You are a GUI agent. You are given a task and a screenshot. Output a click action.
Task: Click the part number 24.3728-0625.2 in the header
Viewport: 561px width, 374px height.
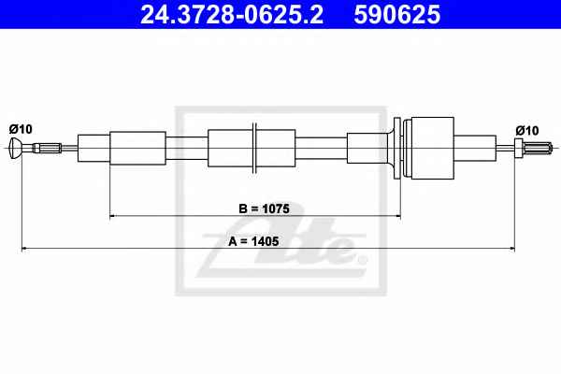pyautogui.click(x=232, y=15)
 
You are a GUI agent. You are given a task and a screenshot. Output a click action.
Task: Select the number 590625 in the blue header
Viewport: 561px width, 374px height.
pyautogui.click(x=397, y=15)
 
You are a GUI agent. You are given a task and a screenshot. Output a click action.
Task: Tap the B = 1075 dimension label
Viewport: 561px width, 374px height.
pyautogui.click(x=264, y=209)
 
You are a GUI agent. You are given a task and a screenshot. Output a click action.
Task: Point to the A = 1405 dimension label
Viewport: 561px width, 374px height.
pyautogui.click(x=253, y=241)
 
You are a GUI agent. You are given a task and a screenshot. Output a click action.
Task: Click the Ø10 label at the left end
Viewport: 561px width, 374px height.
pyautogui.click(x=21, y=129)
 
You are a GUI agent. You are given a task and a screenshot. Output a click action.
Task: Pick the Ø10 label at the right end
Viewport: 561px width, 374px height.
pyautogui.click(x=527, y=131)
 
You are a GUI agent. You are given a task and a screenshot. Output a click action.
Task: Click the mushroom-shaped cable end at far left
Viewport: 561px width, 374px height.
pyautogui.click(x=15, y=148)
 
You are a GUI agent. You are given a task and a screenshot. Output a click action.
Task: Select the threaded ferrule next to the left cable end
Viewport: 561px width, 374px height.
pyautogui.click(x=47, y=148)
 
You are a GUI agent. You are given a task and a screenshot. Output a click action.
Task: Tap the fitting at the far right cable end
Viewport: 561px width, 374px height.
pyautogui.click(x=534, y=148)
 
